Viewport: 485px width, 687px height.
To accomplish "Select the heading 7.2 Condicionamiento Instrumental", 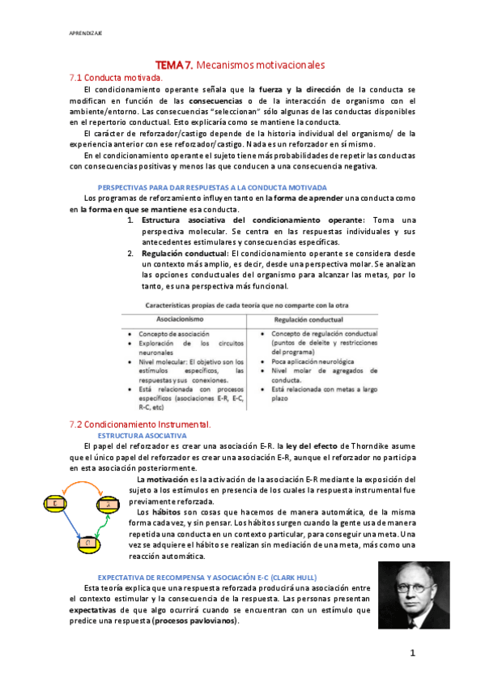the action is (x=140, y=424).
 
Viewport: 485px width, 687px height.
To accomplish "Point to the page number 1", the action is (x=412, y=651).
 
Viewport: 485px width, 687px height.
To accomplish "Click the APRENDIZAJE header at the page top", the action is (x=85, y=33).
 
